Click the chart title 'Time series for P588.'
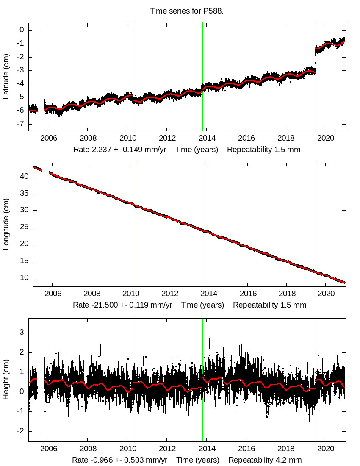click(187, 11)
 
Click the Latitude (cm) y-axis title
click(6, 77)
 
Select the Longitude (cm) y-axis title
click(6, 225)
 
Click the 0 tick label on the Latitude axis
click(21, 30)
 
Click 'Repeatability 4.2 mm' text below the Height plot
click(265, 460)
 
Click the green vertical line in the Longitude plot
click(316, 225)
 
